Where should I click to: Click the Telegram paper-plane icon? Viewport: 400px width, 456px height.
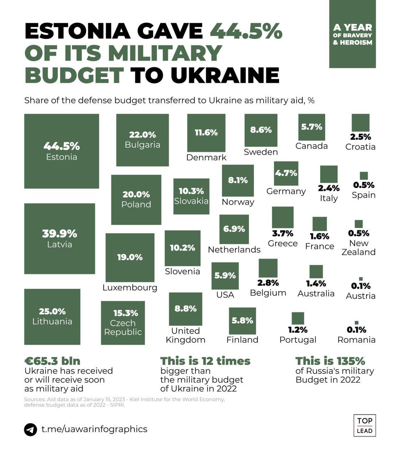coord(30,429)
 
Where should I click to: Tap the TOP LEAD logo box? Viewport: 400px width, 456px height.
coord(365,425)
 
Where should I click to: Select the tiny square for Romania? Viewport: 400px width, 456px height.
coord(356,323)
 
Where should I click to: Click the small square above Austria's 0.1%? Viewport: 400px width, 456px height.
coord(360,279)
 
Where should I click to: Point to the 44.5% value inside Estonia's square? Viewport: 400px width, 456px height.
coord(62,146)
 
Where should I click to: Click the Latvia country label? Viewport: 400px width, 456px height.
coord(60,244)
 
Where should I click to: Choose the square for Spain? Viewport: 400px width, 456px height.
coord(363,176)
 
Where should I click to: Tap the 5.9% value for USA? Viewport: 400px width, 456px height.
coord(225,275)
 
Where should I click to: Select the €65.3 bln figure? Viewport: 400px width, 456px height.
coord(52,361)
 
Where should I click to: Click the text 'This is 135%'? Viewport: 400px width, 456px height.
coord(330,361)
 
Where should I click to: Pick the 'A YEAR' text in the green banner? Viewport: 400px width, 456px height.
coord(352,28)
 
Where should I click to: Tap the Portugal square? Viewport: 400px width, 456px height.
coord(298,318)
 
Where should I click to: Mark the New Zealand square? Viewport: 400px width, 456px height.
coord(359,224)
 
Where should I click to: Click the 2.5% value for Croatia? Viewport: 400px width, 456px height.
coord(360,137)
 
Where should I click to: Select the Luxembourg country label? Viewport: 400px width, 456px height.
coord(130,288)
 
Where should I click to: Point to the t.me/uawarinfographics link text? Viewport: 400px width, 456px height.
coord(94,429)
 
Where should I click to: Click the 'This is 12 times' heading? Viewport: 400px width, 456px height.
coord(205,361)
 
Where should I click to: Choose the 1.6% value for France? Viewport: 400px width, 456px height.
coord(319,236)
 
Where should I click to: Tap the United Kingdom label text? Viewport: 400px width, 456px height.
coord(186,335)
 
